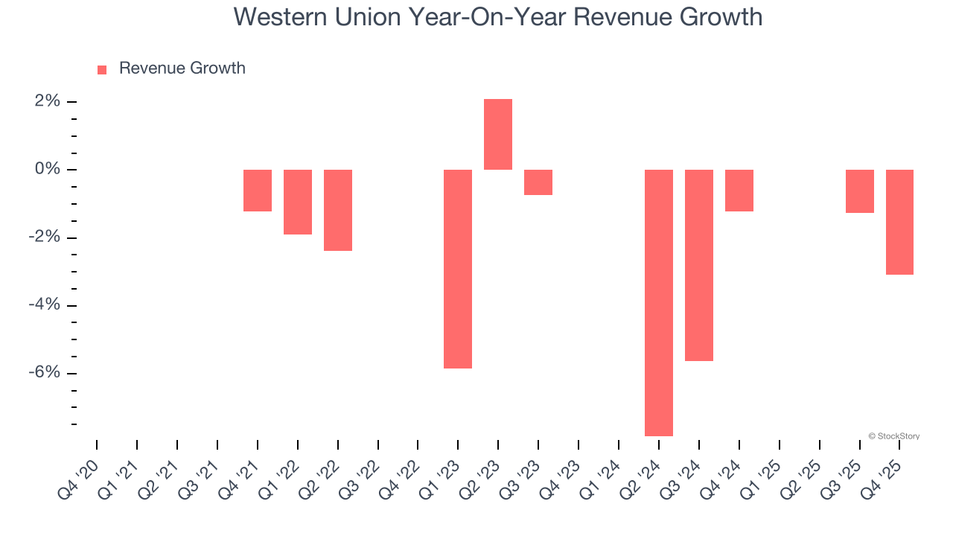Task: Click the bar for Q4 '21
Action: (258, 191)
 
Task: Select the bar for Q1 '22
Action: (298, 202)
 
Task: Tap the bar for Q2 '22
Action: (338, 210)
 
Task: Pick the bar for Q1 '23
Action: (458, 269)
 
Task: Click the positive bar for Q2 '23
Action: (498, 135)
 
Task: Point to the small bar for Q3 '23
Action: (538, 182)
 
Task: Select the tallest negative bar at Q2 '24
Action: (659, 302)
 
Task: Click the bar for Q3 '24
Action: (699, 265)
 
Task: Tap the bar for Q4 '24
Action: (739, 191)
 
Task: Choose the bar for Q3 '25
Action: (860, 191)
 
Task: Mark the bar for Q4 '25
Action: (899, 222)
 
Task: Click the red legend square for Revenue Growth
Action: (102, 70)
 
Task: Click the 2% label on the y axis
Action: (47, 101)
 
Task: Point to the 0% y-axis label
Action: (47, 170)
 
